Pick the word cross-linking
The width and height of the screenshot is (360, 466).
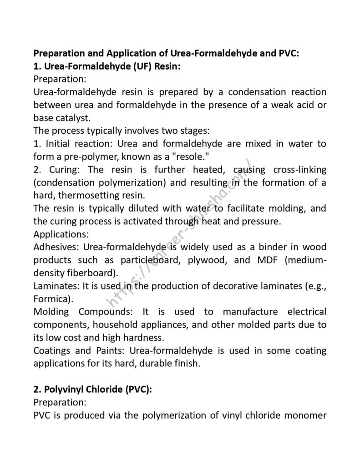300,170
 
